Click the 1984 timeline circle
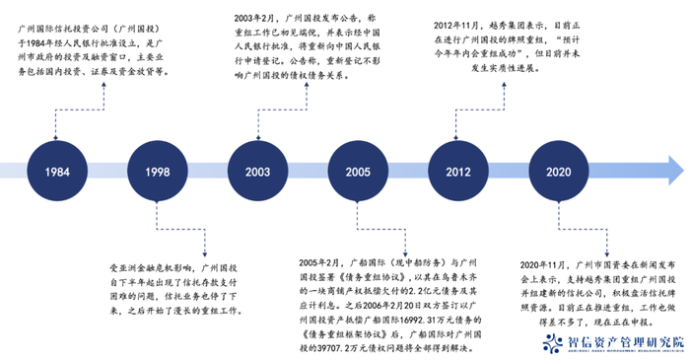click(56, 171)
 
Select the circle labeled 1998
click(158, 171)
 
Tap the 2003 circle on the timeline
click(258, 171)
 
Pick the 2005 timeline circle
click(359, 171)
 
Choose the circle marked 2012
click(456, 171)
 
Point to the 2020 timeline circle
click(557, 171)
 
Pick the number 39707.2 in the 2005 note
click(341, 336)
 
